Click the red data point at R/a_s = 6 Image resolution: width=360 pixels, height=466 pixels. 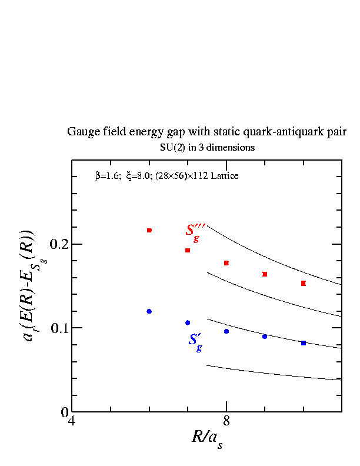(149, 230)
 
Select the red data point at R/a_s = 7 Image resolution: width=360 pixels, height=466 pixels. (188, 250)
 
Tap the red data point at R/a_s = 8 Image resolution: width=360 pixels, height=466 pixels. (226, 263)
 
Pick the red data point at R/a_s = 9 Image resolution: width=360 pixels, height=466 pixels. (265, 274)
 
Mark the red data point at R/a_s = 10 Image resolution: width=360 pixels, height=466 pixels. (304, 283)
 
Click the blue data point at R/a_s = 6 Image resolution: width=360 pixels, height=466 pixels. (149, 311)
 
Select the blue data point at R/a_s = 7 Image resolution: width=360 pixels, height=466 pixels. (188, 322)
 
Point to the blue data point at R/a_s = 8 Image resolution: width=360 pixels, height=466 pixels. (226, 331)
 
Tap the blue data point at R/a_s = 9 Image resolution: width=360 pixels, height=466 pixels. (265, 337)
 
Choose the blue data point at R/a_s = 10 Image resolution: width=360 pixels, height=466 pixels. (304, 343)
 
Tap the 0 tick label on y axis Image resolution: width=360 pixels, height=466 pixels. (65, 412)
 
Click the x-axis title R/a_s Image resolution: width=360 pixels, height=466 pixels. (206, 438)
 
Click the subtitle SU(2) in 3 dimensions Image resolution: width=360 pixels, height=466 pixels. (207, 147)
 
